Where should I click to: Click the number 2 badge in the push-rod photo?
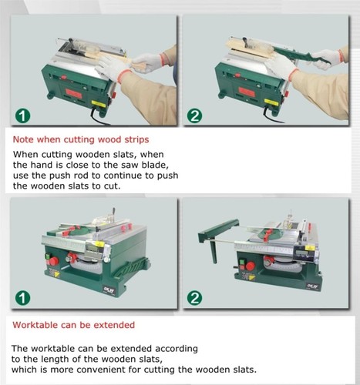pos(195,116)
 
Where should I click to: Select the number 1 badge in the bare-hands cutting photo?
pos(22,116)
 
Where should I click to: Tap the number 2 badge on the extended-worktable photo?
pos(195,297)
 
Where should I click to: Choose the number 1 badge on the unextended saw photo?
pos(22,297)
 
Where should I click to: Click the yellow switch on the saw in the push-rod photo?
pos(270,100)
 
